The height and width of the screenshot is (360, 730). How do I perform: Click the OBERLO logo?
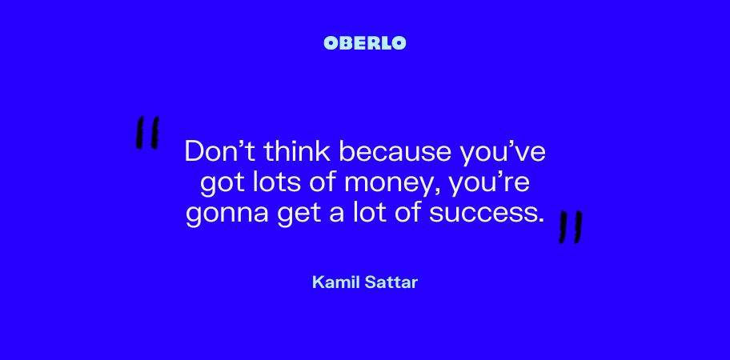[x=365, y=43]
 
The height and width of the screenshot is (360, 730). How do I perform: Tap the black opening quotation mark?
[x=147, y=133]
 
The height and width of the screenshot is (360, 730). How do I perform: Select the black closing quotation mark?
[x=571, y=227]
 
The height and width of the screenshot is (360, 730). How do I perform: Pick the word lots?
[x=272, y=182]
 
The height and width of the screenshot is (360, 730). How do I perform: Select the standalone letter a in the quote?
[x=334, y=214]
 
